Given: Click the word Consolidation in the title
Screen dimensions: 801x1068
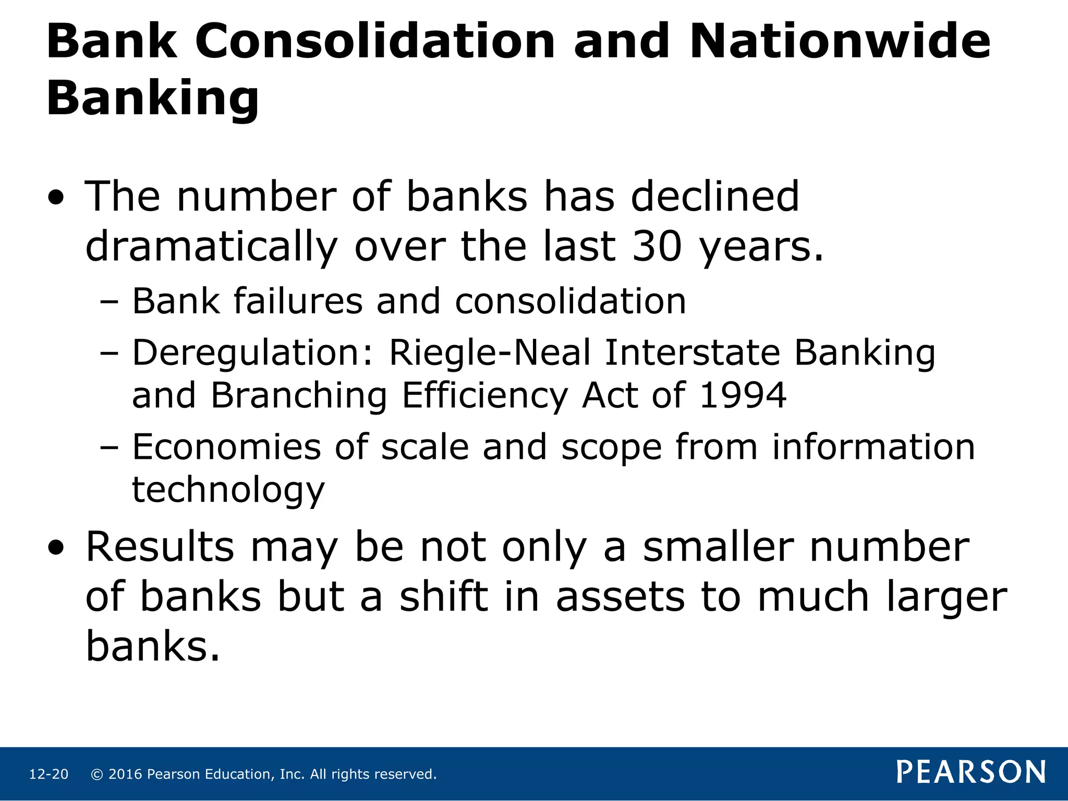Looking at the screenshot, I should (x=375, y=42).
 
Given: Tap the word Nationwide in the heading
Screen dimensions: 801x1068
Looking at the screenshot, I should (x=839, y=42).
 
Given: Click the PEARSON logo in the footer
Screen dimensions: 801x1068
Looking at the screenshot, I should (x=970, y=772).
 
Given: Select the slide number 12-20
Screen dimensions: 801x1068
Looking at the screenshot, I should (x=48, y=774).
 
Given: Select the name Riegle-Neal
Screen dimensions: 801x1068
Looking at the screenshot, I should (x=490, y=353).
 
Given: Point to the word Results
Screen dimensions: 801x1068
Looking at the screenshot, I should (x=160, y=547).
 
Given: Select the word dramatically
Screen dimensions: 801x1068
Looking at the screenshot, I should (x=211, y=247).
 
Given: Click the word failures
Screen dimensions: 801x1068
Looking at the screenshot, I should (x=298, y=302).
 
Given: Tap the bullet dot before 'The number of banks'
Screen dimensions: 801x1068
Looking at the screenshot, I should (x=56, y=199).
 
